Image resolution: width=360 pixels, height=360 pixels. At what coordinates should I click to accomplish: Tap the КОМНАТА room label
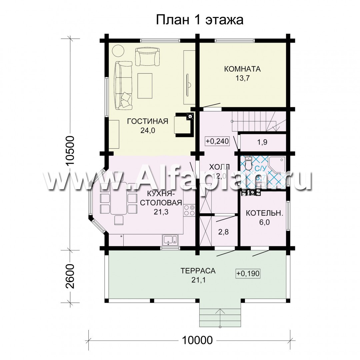(x=242, y=69)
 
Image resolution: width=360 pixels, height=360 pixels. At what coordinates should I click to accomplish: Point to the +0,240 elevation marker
(x=217, y=141)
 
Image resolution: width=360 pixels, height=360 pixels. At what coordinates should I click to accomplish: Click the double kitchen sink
(x=170, y=239)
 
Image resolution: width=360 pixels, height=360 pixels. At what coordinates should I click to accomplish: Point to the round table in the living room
(x=118, y=51)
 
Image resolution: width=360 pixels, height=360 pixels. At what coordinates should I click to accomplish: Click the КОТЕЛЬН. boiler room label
(x=265, y=213)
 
